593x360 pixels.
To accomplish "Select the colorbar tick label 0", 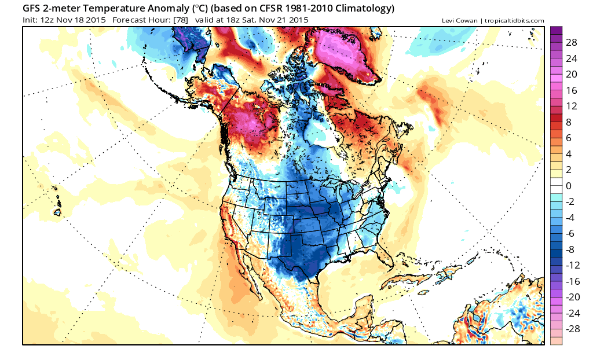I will pos(568,186).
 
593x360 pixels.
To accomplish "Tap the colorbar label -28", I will pos(573,329).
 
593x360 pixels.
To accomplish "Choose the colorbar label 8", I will pos(568,122).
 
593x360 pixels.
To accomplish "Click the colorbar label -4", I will pos(570,218).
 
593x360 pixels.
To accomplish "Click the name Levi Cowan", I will pos(460,21).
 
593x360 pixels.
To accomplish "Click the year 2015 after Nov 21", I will pos(298,20).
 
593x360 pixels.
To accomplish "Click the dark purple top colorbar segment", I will pos(556,30).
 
